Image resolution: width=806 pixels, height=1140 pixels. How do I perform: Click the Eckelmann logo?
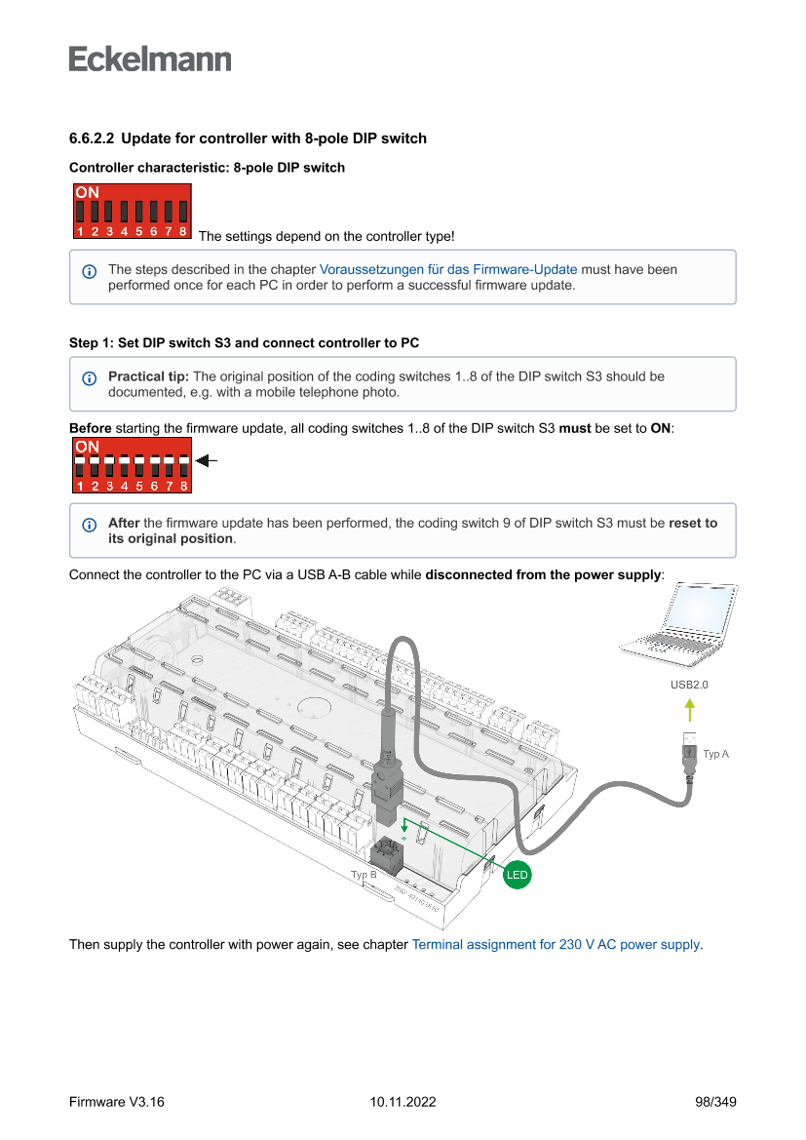(150, 59)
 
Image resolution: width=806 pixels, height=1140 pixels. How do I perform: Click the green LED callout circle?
(517, 875)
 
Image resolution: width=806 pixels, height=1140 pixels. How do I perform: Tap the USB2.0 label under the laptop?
(689, 685)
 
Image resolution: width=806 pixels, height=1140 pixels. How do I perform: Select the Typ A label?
(715, 754)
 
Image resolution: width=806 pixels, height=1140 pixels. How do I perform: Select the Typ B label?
(364, 875)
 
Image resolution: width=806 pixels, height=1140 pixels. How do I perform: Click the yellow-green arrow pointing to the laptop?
(689, 709)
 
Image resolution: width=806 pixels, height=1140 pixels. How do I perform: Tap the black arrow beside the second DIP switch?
(205, 461)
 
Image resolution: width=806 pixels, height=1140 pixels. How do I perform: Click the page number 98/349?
(715, 1102)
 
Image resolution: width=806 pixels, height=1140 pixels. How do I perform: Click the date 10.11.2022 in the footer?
(403, 1102)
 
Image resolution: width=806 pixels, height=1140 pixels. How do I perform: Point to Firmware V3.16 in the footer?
(117, 1102)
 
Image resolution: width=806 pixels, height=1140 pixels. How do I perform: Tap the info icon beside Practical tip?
(90, 377)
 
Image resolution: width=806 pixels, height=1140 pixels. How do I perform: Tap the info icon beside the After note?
(90, 525)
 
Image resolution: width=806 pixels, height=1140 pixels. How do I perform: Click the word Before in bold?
(90, 428)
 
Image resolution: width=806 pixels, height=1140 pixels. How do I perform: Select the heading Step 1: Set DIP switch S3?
(244, 343)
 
